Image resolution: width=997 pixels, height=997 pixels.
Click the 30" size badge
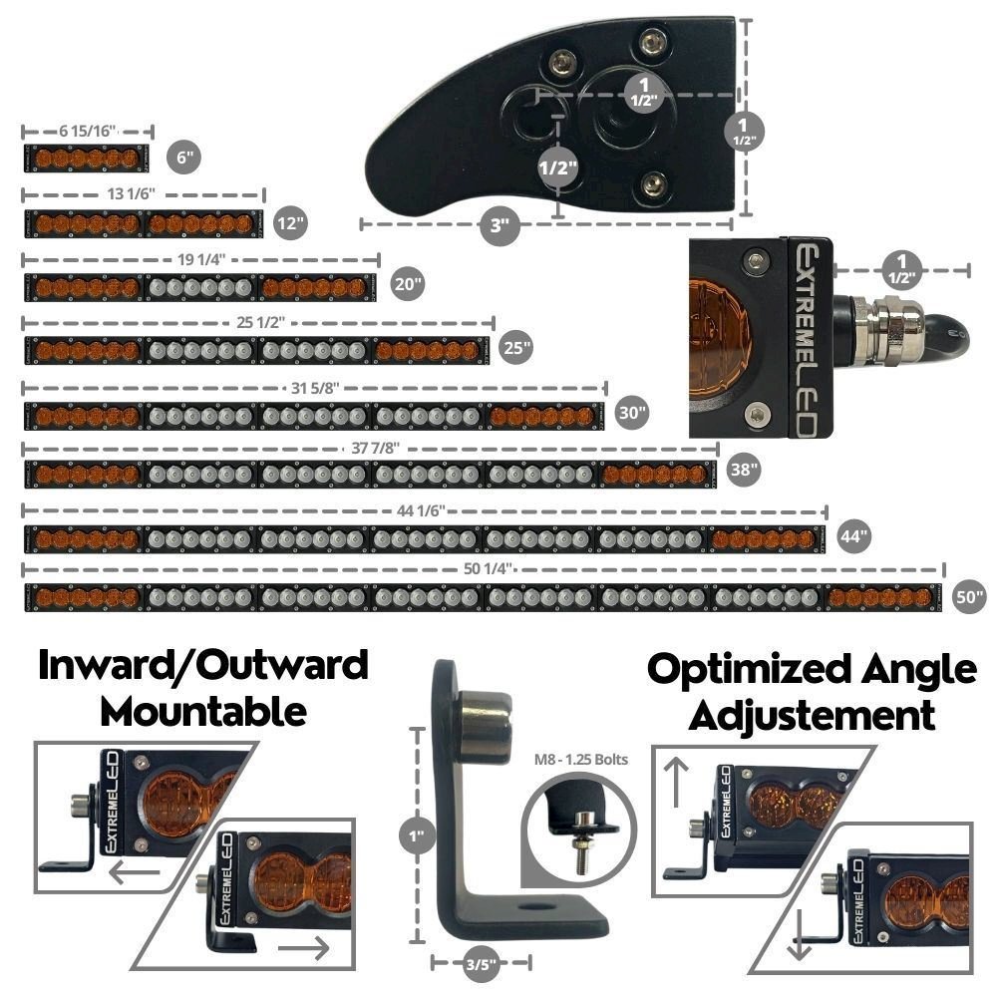tap(631, 411)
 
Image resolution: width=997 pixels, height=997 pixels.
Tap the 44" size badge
tap(853, 534)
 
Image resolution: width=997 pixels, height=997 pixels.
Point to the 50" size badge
tap(968, 596)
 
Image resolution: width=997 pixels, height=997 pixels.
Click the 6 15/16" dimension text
tap(88, 131)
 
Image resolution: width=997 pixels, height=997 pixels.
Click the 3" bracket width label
tap(501, 225)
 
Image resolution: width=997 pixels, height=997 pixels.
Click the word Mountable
tap(203, 712)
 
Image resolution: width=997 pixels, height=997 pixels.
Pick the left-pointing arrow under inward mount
tap(134, 874)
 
